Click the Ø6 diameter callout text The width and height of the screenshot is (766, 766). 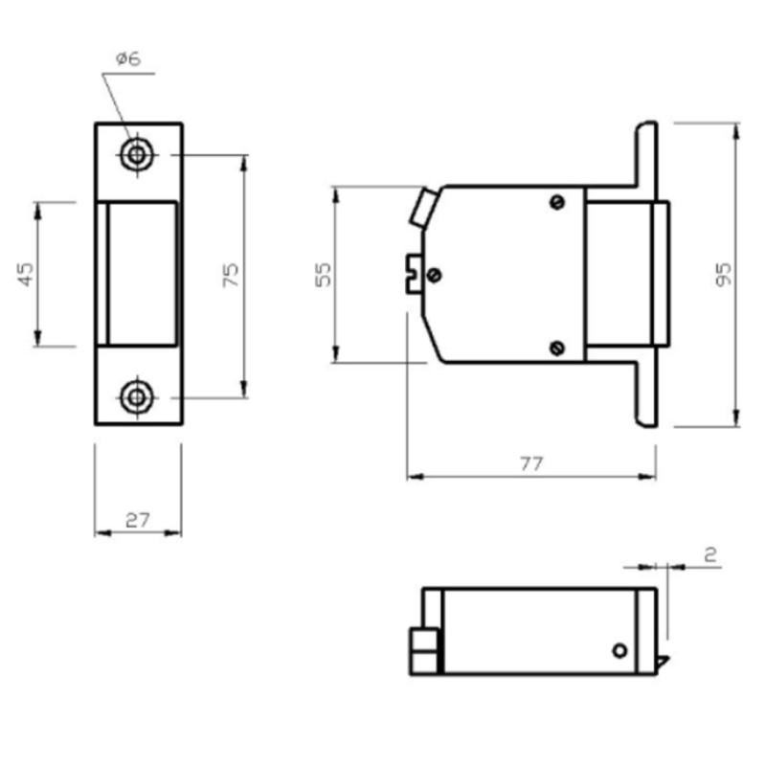pyautogui.click(x=128, y=58)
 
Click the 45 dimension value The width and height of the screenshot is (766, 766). pyautogui.click(x=26, y=274)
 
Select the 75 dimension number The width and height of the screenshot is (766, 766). pyautogui.click(x=231, y=275)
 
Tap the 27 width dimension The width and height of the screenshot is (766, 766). pyautogui.click(x=137, y=520)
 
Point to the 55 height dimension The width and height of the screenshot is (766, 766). pyautogui.click(x=323, y=275)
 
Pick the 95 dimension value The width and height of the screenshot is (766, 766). pyautogui.click(x=724, y=275)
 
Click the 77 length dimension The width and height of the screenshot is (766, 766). pyautogui.click(x=531, y=463)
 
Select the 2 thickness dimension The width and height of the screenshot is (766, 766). pyautogui.click(x=710, y=554)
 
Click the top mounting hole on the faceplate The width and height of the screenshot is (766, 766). pyautogui.click(x=137, y=155)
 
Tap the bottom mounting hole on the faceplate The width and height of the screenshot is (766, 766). pyautogui.click(x=137, y=397)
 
